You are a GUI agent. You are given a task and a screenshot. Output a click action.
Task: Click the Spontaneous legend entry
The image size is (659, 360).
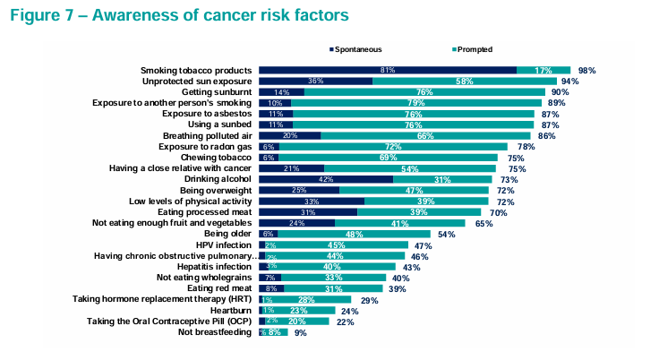pyautogui.click(x=358, y=49)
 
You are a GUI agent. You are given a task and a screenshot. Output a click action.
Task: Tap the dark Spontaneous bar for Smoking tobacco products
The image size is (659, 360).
pyautogui.click(x=387, y=70)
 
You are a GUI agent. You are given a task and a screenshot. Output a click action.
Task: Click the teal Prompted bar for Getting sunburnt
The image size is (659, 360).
pyautogui.click(x=424, y=91)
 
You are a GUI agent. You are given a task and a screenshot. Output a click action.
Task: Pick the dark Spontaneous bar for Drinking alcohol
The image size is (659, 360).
pyautogui.click(x=326, y=179)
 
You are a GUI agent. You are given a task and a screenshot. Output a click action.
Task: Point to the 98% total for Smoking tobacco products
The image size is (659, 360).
pyautogui.click(x=587, y=70)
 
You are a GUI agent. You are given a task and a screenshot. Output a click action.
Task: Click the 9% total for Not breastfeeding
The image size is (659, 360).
pyautogui.click(x=301, y=332)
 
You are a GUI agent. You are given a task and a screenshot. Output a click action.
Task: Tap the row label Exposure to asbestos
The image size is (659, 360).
pyautogui.click(x=208, y=114)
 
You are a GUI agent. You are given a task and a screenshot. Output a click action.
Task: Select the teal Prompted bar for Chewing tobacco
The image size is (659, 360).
pyautogui.click(x=389, y=157)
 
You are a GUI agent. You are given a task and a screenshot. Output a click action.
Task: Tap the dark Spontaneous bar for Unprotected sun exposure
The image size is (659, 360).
pyautogui.click(x=315, y=81)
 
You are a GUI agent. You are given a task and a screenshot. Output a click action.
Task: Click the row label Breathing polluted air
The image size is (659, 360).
pyautogui.click(x=205, y=135)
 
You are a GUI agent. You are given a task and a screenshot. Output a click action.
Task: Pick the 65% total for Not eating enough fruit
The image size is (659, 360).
pyautogui.click(x=484, y=223)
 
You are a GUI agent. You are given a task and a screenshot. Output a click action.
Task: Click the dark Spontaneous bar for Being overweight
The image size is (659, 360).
pyautogui.click(x=298, y=190)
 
